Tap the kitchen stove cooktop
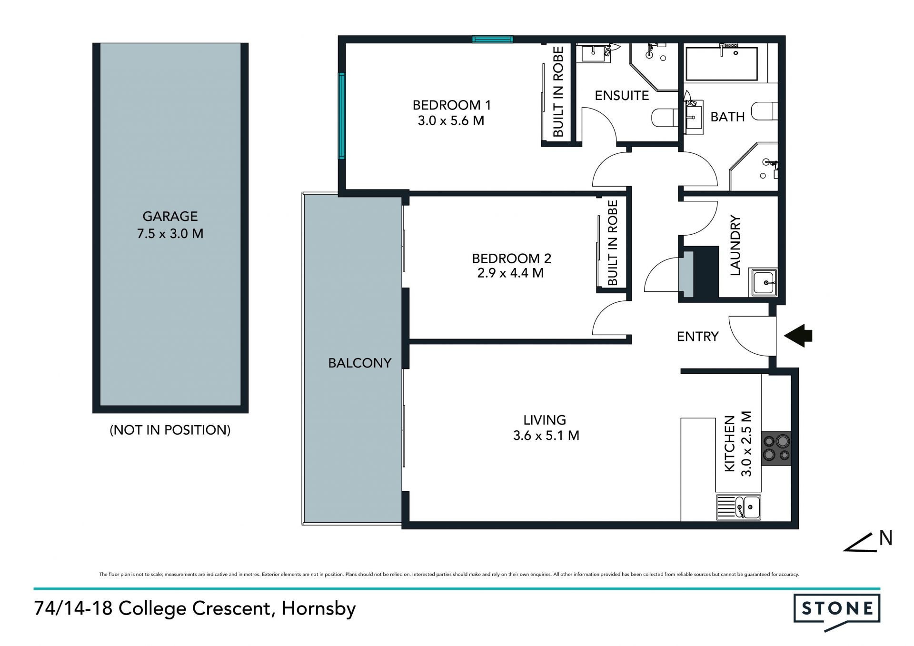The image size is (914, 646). point(776,448)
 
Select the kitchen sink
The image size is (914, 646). point(738,507)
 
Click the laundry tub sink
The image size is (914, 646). point(763,282)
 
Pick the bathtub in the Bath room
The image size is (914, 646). point(721,63)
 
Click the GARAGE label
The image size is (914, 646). point(170,217)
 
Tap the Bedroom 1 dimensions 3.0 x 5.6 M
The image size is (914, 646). point(451,121)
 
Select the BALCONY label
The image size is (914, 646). point(360,363)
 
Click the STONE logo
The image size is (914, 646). point(837,610)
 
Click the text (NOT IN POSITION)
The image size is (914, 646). point(170,430)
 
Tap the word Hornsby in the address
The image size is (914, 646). point(319,609)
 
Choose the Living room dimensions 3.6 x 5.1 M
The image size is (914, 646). point(546,436)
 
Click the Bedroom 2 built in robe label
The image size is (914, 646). point(613,243)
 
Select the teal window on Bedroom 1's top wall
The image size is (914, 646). point(492,40)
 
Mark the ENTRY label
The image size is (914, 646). point(697,337)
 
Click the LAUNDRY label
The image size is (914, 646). point(735,245)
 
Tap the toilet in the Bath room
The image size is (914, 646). point(764,111)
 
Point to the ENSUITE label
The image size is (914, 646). point(622,96)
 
